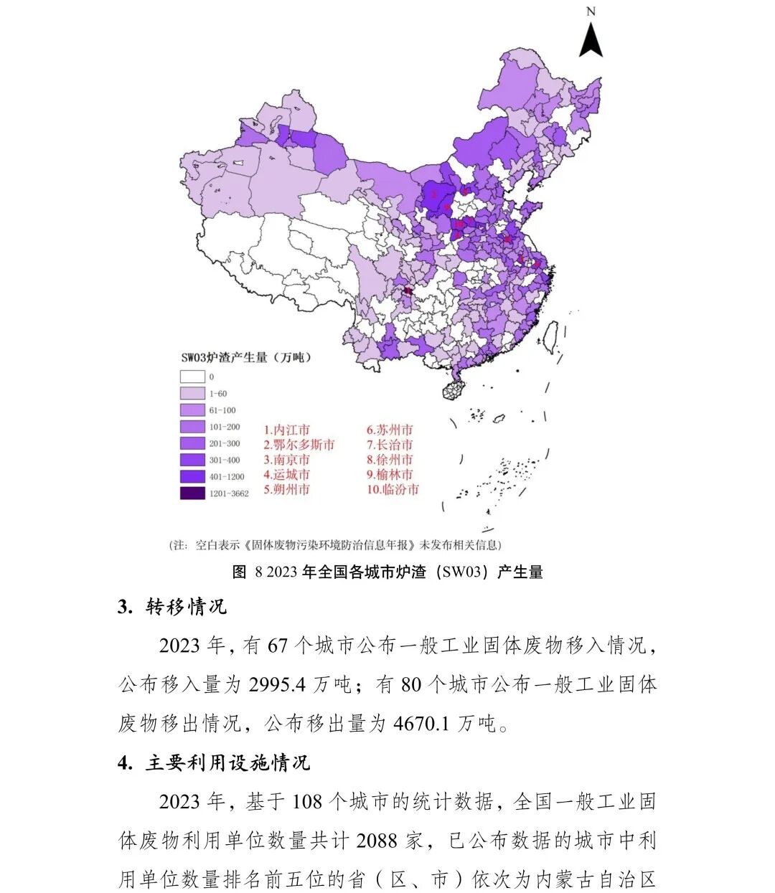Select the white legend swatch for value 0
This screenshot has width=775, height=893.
[x=192, y=377]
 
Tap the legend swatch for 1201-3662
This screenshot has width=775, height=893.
[x=192, y=493]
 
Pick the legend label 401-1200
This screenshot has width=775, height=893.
[x=227, y=477]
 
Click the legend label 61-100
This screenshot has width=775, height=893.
[x=222, y=410]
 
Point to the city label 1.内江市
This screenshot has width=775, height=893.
[x=286, y=430]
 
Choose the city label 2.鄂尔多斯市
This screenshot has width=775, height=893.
[x=299, y=445]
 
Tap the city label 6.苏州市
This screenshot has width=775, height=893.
[x=390, y=430]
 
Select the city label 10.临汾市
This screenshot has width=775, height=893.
[x=393, y=490]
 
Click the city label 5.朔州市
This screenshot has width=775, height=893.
[x=286, y=490]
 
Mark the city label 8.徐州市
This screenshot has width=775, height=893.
[x=390, y=460]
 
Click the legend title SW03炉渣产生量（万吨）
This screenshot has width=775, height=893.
[x=246, y=357]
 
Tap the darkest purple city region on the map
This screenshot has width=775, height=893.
[x=408, y=291]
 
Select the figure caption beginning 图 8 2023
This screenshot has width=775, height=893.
[x=387, y=572]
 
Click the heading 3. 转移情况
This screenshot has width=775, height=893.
[x=172, y=607]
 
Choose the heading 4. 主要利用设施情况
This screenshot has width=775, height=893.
[x=214, y=762]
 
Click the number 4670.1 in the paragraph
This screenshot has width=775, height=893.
[x=421, y=724]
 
